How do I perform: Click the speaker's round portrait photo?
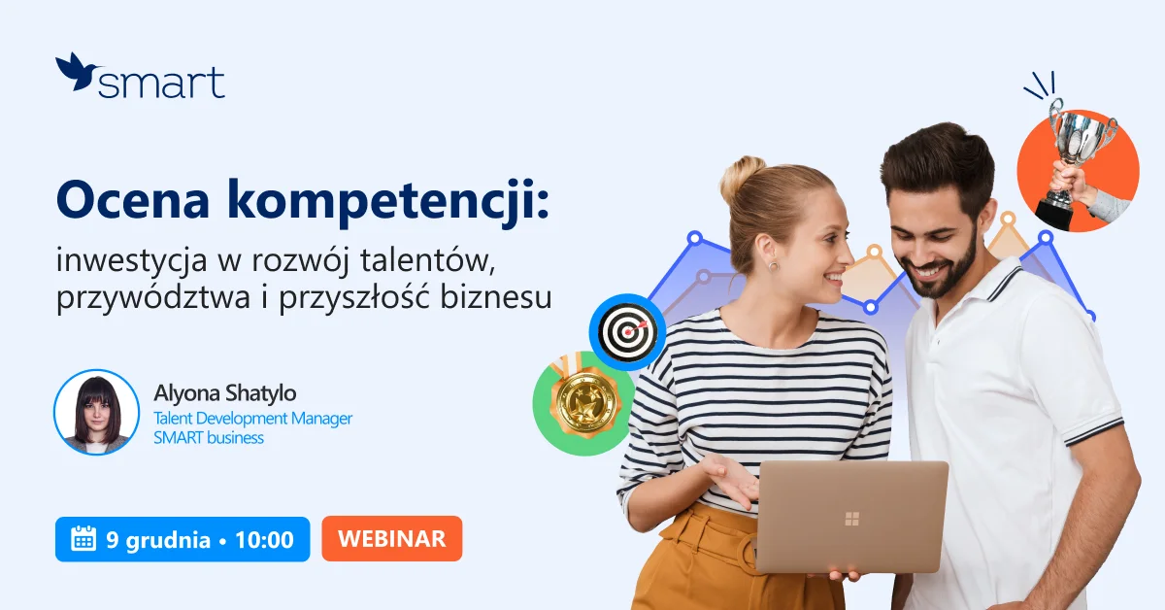coord(96,412)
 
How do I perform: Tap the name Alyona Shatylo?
coord(225,393)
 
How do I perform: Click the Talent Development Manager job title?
coord(252,418)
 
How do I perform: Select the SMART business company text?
coord(209,438)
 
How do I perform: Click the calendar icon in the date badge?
coord(83,539)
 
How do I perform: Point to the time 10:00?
coord(263,539)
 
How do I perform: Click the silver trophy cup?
coord(1081,146)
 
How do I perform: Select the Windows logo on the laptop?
coord(851,519)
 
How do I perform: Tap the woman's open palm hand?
coord(730,475)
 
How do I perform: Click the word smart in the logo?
coord(161,84)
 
